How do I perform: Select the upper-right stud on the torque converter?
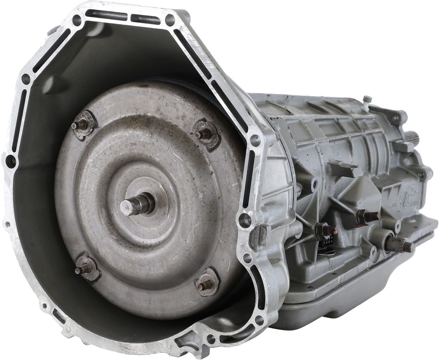[203, 134]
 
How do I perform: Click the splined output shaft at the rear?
[412, 138]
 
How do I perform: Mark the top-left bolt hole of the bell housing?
[77, 19]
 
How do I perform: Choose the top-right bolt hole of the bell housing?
[170, 20]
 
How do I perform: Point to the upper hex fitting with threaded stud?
[368, 217]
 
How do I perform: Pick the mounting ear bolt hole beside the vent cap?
[396, 117]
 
